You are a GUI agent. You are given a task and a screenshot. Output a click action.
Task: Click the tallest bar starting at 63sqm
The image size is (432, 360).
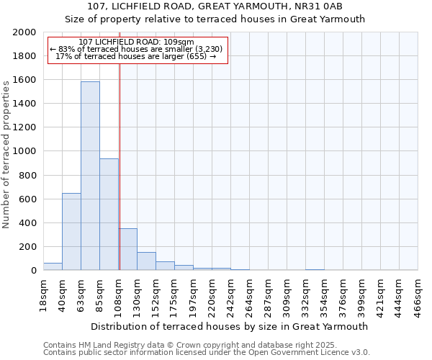(x=90, y=176)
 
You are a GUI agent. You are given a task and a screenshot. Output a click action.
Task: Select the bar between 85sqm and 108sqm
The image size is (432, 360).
(x=109, y=215)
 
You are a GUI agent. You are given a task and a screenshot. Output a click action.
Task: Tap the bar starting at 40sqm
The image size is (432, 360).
(x=71, y=232)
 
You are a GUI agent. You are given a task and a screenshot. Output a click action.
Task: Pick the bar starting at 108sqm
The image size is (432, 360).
(x=127, y=249)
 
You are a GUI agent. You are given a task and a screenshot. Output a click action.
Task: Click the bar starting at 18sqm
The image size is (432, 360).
(x=53, y=266)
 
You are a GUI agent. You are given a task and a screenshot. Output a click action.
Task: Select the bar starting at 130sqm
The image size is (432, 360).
(x=146, y=261)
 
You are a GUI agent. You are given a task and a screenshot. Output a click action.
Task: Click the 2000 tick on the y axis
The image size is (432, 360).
(x=26, y=32)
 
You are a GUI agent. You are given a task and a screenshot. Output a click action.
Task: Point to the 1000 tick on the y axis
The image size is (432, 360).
(x=26, y=152)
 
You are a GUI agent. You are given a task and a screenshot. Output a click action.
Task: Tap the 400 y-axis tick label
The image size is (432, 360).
(x=29, y=223)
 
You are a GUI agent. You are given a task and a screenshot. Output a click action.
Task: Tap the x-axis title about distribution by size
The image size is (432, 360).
(x=230, y=326)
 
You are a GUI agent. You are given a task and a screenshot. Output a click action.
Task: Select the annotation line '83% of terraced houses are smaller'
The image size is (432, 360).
(x=137, y=49)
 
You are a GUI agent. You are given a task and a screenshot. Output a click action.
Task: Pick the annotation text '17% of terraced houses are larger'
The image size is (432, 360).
(x=135, y=56)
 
